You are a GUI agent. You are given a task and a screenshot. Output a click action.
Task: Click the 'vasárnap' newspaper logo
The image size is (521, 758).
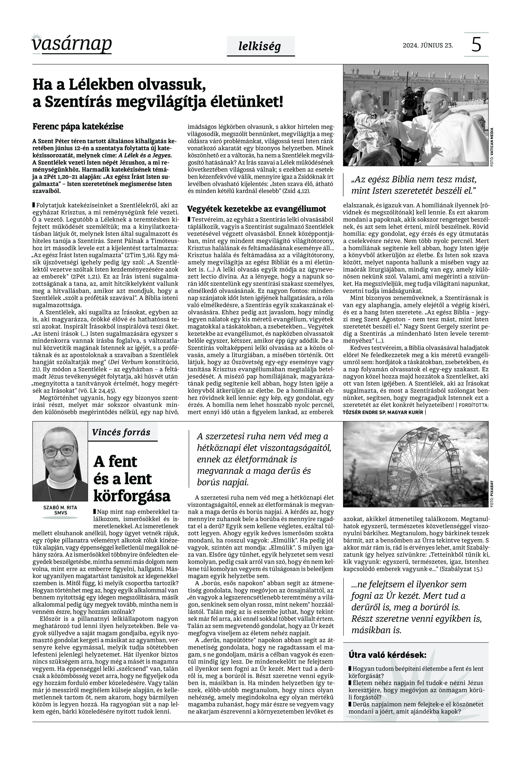(x=72, y=44)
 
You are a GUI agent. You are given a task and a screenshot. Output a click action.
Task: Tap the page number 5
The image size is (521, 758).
(x=476, y=45)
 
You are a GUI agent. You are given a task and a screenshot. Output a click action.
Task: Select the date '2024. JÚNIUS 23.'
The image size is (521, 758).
(x=428, y=45)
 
